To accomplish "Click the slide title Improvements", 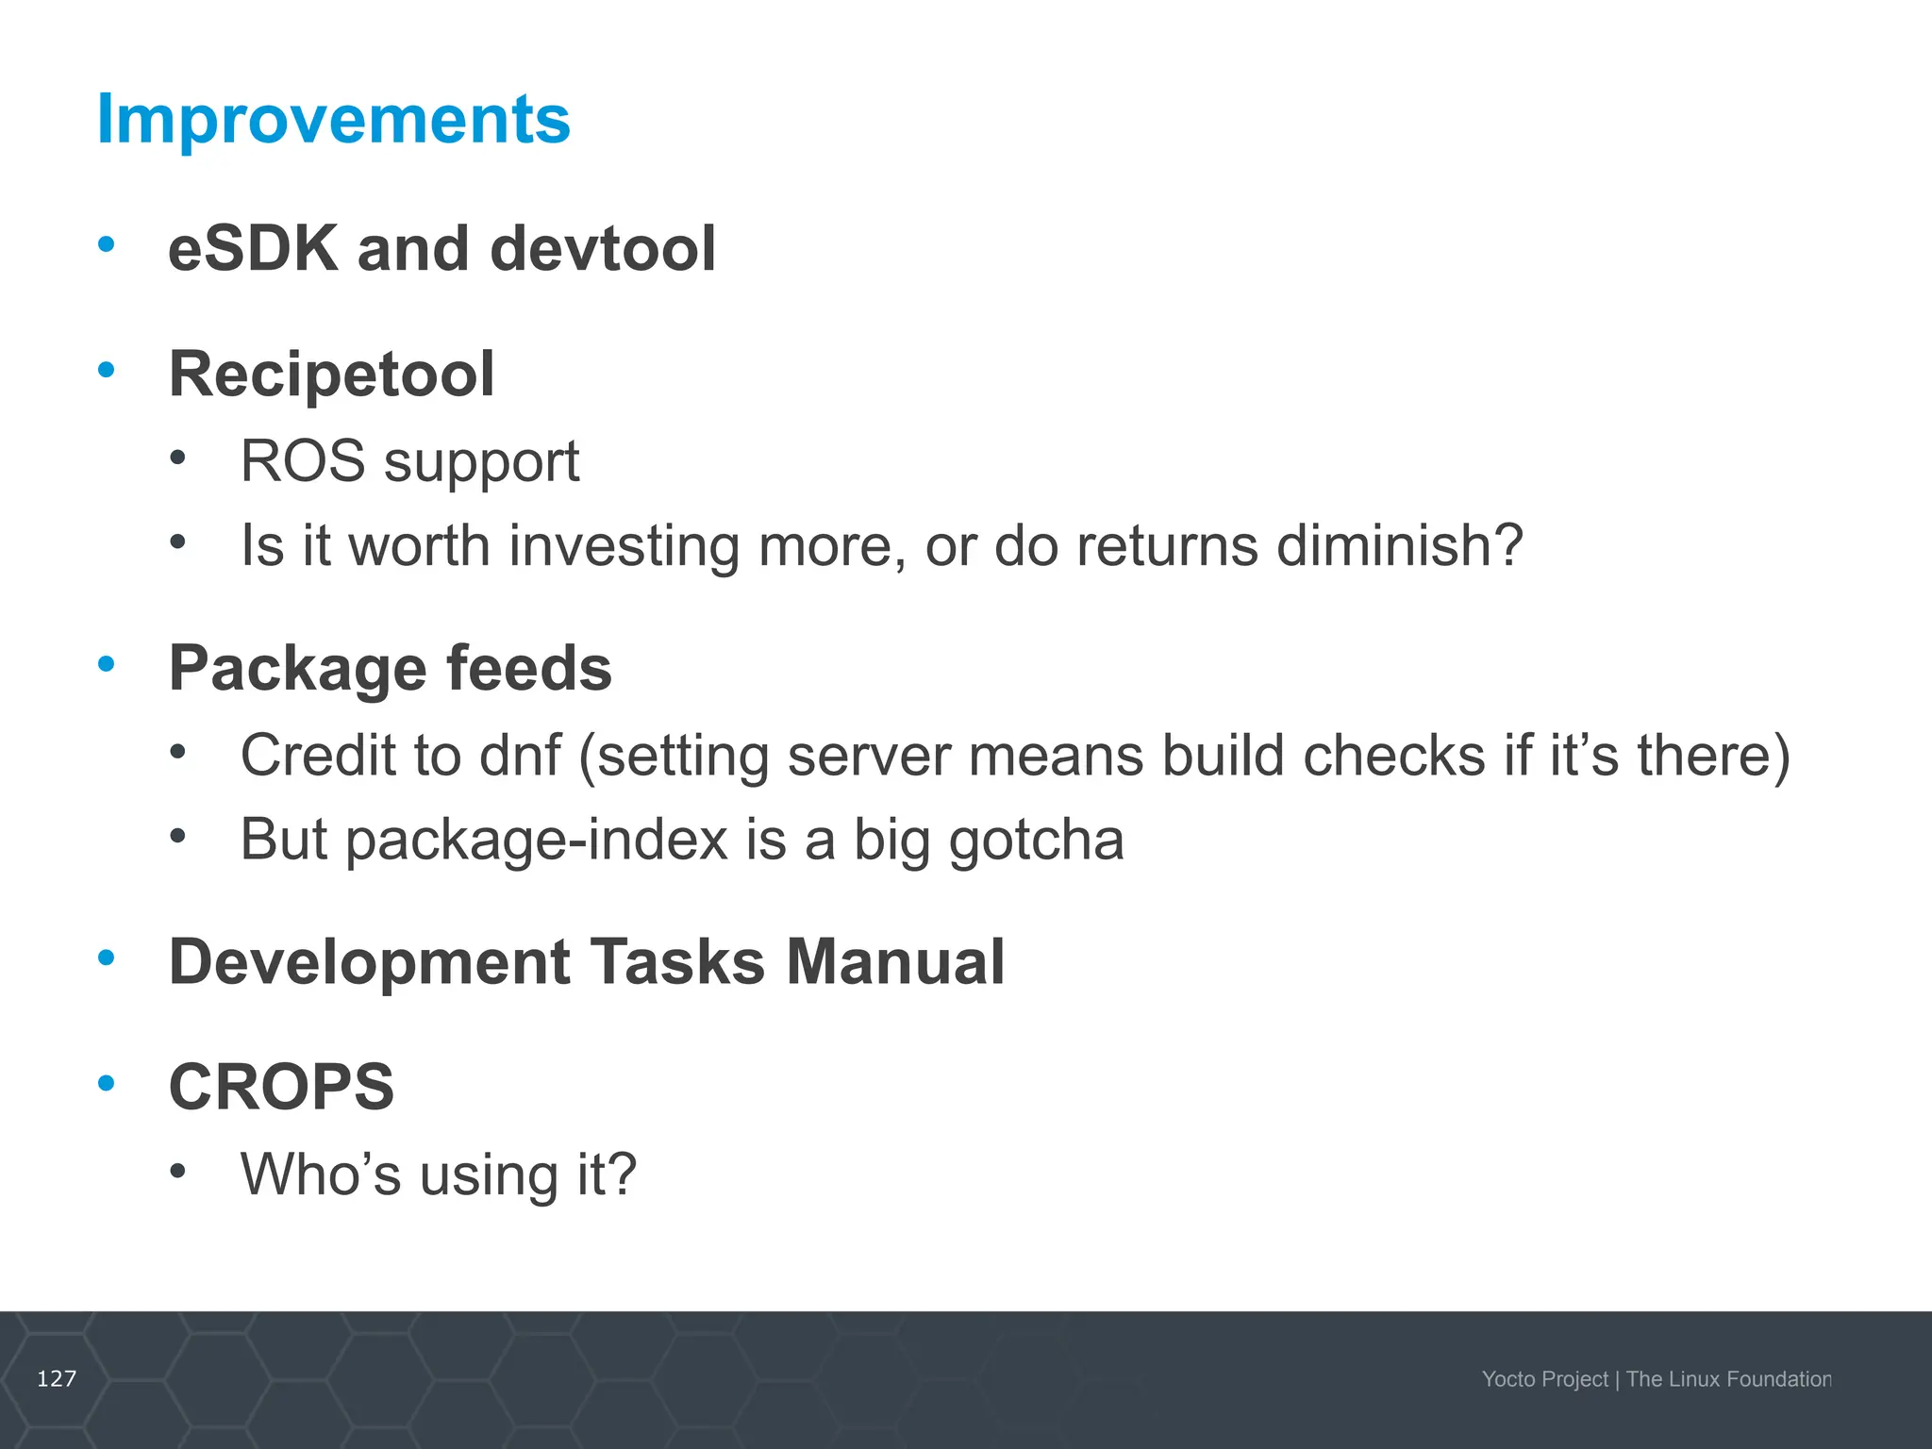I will (x=333, y=120).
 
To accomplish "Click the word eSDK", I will (x=252, y=249).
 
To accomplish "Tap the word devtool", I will (x=602, y=249).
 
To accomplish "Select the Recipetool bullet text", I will (x=330, y=375).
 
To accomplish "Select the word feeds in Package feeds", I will (x=528, y=669).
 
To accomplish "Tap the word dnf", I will (x=520, y=756).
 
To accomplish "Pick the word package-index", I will (x=537, y=841).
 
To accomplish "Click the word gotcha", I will (x=1036, y=841).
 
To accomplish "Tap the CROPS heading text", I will (x=281, y=1088).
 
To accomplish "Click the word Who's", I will (x=320, y=1175).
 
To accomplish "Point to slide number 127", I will (x=57, y=1379).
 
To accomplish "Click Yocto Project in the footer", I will (x=1543, y=1379).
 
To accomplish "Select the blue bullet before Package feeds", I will (x=107, y=664).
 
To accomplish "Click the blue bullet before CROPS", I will (x=107, y=1083).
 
